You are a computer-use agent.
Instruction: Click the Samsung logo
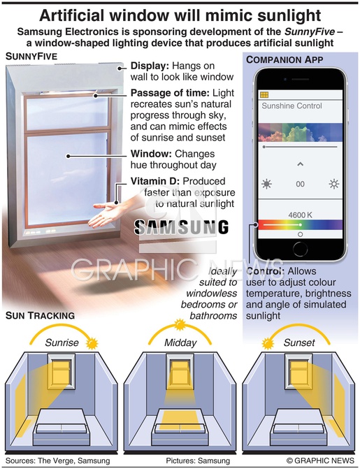(x=181, y=227)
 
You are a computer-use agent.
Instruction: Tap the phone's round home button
(x=300, y=249)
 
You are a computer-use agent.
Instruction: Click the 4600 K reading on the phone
(x=300, y=215)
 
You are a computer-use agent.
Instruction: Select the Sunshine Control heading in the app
(x=291, y=106)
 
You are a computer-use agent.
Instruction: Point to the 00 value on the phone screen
(x=300, y=184)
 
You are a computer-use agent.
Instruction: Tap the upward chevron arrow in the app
(x=301, y=164)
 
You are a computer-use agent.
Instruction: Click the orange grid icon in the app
(x=264, y=95)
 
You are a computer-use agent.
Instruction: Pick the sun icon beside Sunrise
(x=92, y=344)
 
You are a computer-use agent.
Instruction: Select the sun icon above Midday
(x=180, y=325)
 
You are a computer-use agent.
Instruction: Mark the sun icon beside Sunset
(x=268, y=344)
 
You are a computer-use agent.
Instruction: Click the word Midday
(x=180, y=342)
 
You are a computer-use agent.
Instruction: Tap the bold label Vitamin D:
(x=155, y=181)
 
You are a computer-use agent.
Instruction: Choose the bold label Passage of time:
(x=170, y=93)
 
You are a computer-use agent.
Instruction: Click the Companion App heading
(x=285, y=60)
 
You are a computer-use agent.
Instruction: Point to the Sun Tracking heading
(x=40, y=315)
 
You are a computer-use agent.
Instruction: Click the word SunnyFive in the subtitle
(x=310, y=31)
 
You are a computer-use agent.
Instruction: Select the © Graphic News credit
(x=320, y=461)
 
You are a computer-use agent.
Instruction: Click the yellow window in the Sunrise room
(x=60, y=371)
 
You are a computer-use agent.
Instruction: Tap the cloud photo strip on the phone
(x=300, y=133)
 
